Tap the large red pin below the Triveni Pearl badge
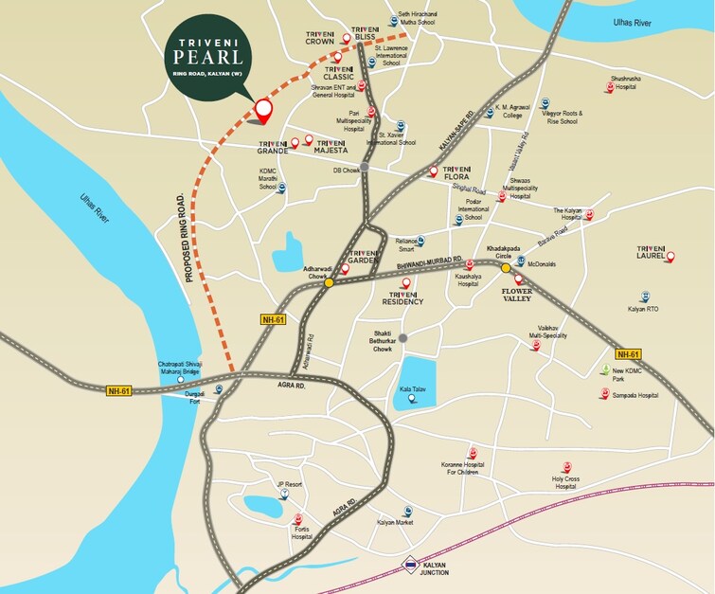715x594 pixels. click(263, 111)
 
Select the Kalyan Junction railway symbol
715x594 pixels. click(409, 564)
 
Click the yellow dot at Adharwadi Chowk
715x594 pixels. click(329, 282)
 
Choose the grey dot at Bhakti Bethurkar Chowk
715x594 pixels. click(403, 337)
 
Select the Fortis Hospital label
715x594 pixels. click(301, 533)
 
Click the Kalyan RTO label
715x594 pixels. click(642, 309)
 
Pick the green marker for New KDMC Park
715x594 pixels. click(605, 369)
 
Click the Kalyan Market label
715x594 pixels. click(397, 522)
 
